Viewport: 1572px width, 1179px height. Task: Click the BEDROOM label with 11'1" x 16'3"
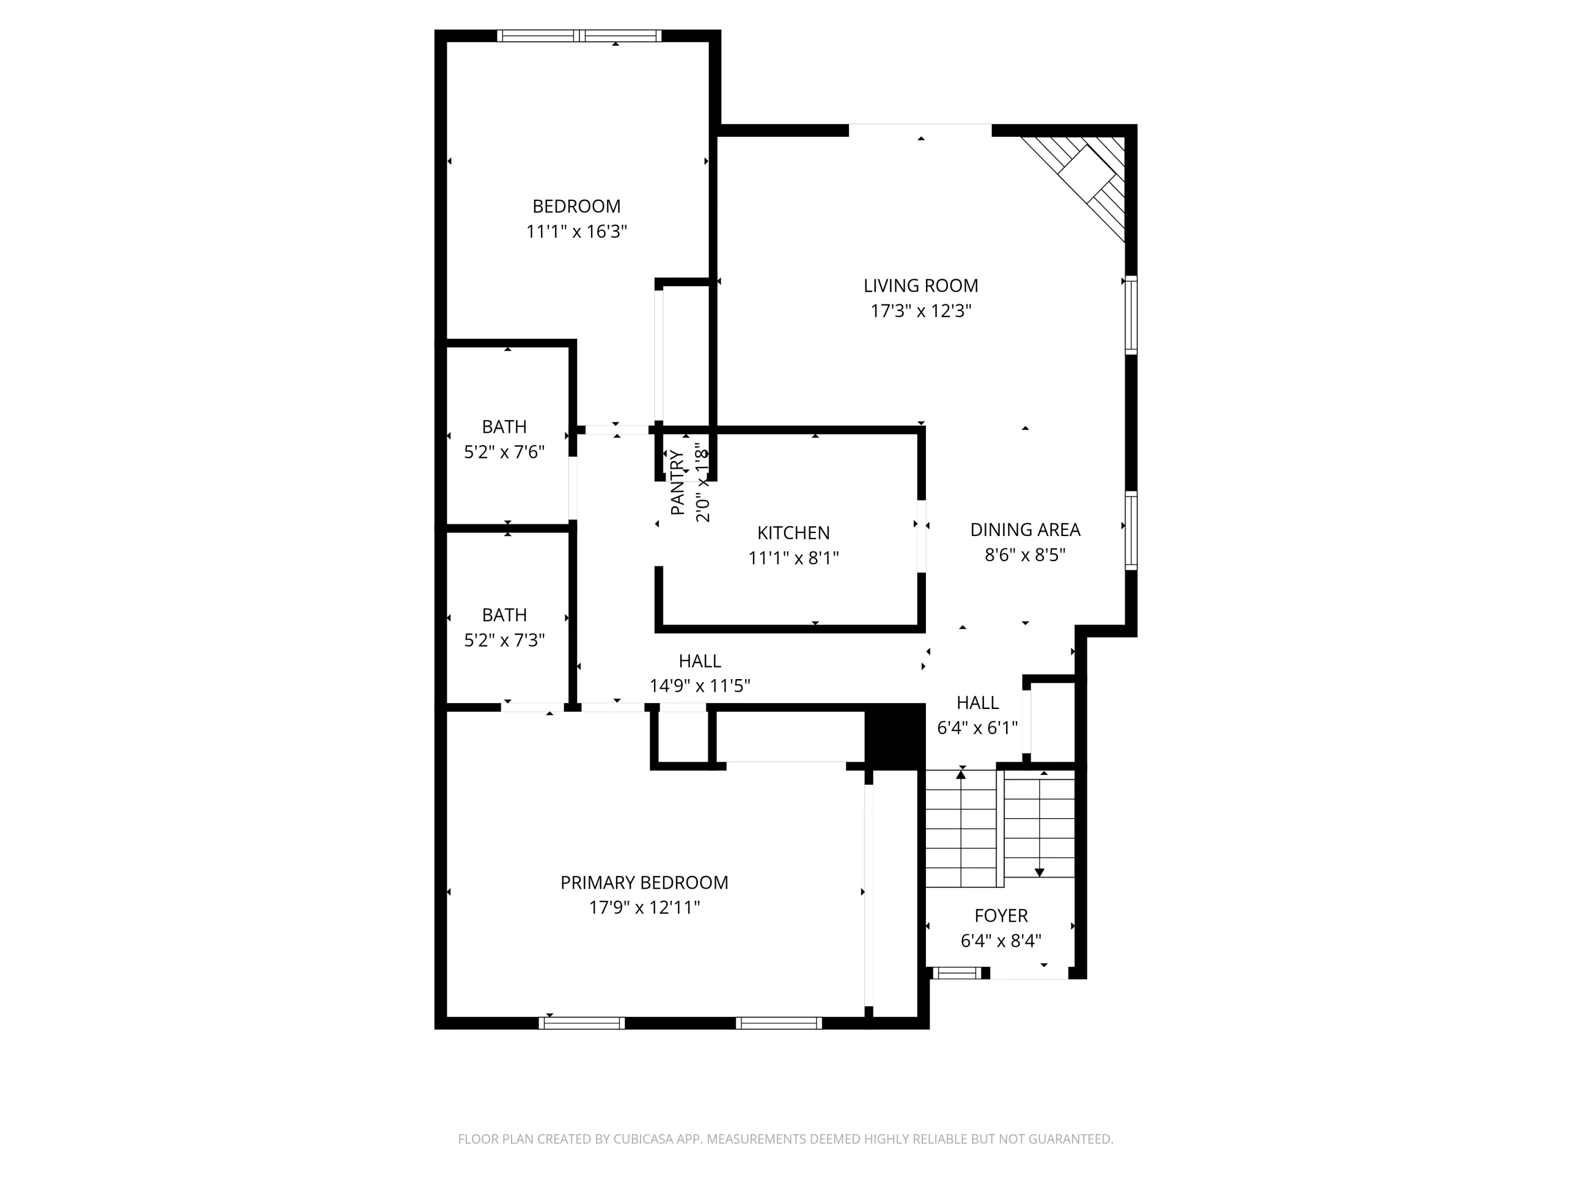(x=576, y=206)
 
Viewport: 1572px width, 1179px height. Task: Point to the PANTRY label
(x=677, y=483)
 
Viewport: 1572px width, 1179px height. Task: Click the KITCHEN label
(x=793, y=533)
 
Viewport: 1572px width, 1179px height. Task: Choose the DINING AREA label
(x=1025, y=529)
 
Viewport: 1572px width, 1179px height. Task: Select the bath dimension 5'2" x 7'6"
(x=504, y=452)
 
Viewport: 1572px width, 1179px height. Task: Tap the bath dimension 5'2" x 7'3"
(x=504, y=640)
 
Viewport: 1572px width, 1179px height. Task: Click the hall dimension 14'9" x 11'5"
(x=700, y=686)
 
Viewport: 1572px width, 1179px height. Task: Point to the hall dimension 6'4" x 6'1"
(x=977, y=728)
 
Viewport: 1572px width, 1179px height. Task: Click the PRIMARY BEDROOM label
(x=644, y=882)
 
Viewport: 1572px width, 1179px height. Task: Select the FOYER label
(x=1001, y=915)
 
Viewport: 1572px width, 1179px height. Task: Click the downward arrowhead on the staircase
(x=1039, y=872)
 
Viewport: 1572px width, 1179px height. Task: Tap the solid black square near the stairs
(x=895, y=736)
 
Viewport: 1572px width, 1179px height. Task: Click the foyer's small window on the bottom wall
(x=956, y=973)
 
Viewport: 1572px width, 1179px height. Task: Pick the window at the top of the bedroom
(x=579, y=36)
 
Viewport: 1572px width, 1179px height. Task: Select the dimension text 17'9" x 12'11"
(x=644, y=908)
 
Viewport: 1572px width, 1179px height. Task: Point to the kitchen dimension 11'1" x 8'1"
(x=793, y=558)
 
